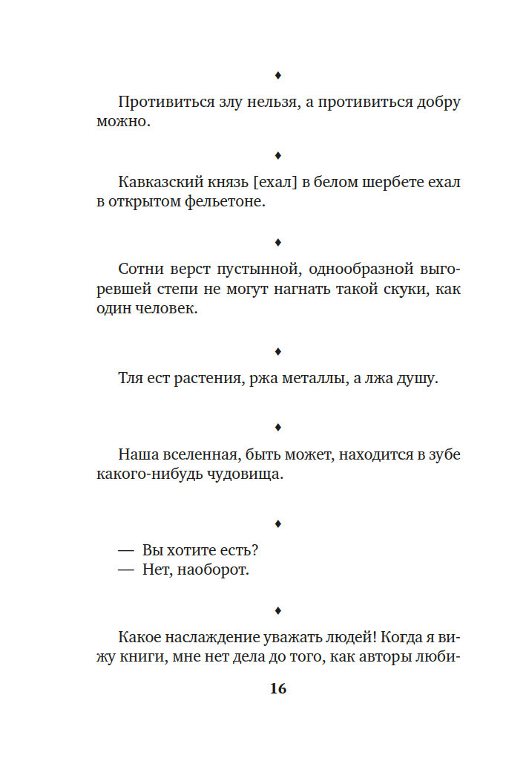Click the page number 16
[277, 688]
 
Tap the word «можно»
[123, 122]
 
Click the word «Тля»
[130, 379]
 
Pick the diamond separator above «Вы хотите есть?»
[277, 523]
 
